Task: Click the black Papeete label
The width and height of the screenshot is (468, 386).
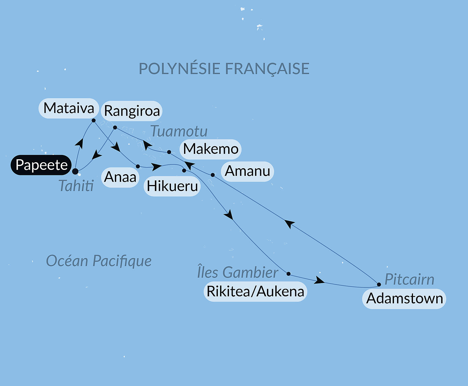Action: point(41,165)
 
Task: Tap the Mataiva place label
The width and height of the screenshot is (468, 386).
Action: point(69,108)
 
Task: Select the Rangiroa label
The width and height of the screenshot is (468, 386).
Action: point(132,111)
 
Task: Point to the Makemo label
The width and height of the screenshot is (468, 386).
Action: point(211,149)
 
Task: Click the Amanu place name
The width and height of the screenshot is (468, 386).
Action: point(247,171)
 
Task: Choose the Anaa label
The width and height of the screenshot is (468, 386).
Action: point(120,177)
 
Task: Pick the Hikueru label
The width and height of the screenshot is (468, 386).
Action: point(172,186)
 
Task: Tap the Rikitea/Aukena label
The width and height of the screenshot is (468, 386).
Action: point(255,291)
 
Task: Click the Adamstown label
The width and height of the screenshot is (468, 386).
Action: point(404,299)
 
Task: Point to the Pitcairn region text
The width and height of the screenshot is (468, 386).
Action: point(409,279)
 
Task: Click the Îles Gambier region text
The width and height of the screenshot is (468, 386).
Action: point(238,272)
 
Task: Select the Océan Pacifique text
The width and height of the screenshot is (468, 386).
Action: point(99,261)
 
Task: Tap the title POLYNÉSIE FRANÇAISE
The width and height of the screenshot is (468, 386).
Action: point(224,69)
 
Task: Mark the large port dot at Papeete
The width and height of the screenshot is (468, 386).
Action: point(75,171)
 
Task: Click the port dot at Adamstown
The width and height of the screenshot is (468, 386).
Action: point(379,284)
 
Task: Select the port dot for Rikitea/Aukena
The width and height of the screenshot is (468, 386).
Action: point(289,274)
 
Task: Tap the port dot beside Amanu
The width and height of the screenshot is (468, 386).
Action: point(213,175)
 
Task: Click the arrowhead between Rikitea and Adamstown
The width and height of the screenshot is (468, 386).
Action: point(319,281)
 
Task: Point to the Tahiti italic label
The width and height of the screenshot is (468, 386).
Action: point(76,186)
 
